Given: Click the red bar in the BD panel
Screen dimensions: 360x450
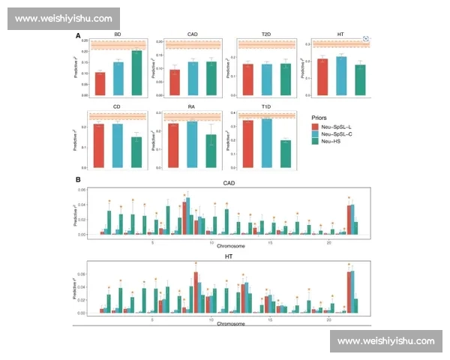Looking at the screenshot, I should pyautogui.click(x=100, y=83).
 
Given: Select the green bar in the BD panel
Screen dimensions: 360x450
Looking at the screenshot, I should pyautogui.click(x=136, y=73).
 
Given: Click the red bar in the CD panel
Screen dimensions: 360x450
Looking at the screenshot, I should pyautogui.click(x=100, y=145).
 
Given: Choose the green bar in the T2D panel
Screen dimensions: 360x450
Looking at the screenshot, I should pyautogui.click(x=285, y=79).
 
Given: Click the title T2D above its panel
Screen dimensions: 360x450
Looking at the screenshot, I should pyautogui.click(x=266, y=34).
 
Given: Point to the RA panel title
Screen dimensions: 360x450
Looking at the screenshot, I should pyautogui.click(x=192, y=106).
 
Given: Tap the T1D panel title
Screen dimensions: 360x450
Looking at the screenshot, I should pyautogui.click(x=266, y=106).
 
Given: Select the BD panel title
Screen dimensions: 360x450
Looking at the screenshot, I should pyautogui.click(x=118, y=34).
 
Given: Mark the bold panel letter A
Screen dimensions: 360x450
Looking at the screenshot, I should pyautogui.click(x=78, y=34).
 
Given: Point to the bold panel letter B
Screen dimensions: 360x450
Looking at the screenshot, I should pyautogui.click(x=78, y=179).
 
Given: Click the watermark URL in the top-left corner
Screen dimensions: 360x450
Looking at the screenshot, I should pyautogui.click(x=63, y=19).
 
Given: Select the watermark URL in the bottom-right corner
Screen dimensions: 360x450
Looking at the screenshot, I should pyautogui.click(x=385, y=341).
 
